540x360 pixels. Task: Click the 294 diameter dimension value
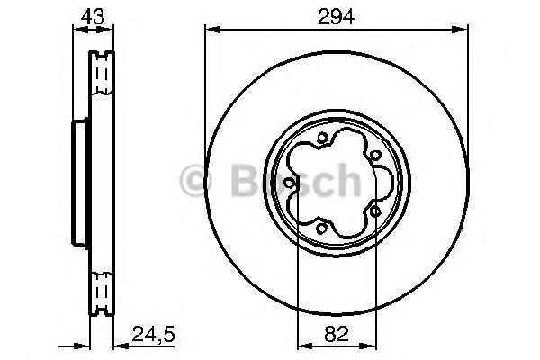click(x=337, y=14)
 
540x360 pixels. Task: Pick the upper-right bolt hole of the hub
click(x=373, y=155)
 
